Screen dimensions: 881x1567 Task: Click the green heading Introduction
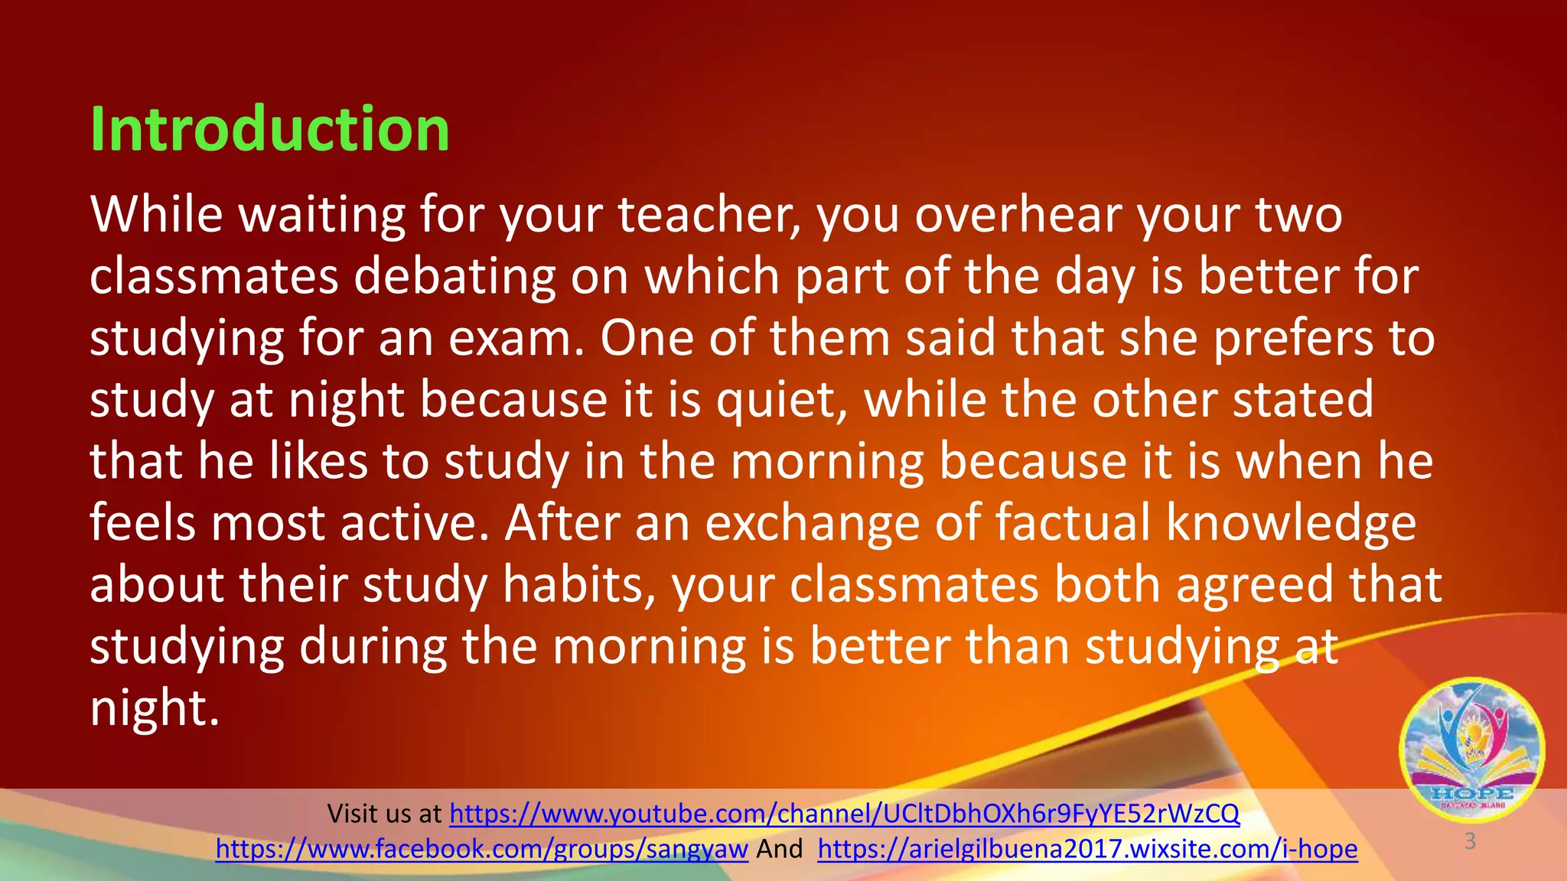click(269, 128)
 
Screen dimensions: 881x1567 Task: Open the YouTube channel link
click(844, 814)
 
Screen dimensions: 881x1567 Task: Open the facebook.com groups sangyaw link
click(481, 849)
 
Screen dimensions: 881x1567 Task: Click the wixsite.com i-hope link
click(1087, 849)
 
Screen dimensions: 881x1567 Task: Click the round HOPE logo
click(1471, 750)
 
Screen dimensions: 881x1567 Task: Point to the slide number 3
click(1469, 841)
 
